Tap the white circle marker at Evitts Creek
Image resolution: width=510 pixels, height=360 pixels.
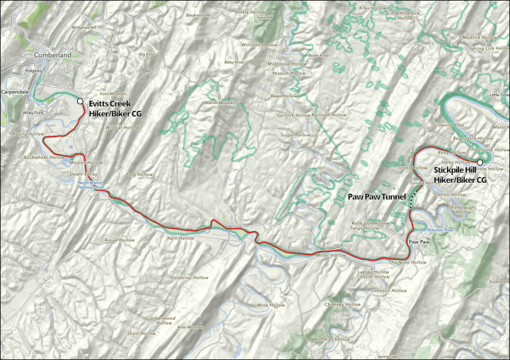pyautogui.click(x=79, y=101)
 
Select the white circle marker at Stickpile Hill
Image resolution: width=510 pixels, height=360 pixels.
pyautogui.click(x=480, y=162)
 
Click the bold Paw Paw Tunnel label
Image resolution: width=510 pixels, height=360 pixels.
pyautogui.click(x=377, y=197)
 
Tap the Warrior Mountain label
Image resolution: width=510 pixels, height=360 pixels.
pyautogui.click(x=220, y=103)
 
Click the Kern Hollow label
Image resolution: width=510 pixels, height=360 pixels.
pyautogui.click(x=179, y=238)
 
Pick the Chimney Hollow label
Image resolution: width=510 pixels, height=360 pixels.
pyautogui.click(x=343, y=304)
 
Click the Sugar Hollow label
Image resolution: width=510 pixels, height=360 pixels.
pyautogui.click(x=294, y=134)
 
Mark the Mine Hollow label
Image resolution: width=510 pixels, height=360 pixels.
pyautogui.click(x=271, y=305)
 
